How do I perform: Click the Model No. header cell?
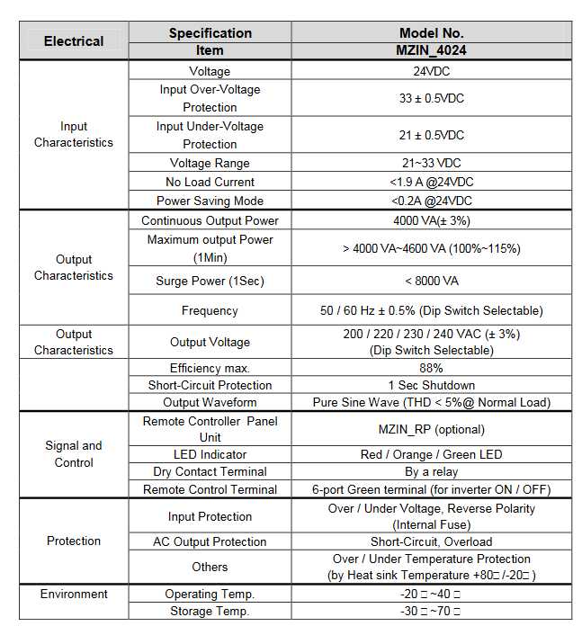click(x=432, y=33)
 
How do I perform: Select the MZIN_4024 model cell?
click(x=432, y=50)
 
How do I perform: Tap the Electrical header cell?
click(x=74, y=41)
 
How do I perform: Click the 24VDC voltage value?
click(x=432, y=71)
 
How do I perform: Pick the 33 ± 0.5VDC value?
click(x=432, y=98)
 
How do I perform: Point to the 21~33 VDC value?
click(x=432, y=163)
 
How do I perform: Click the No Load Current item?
click(x=210, y=182)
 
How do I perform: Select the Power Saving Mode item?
click(x=210, y=201)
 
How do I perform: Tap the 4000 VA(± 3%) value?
click(x=432, y=220)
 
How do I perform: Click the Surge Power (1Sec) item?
click(x=210, y=281)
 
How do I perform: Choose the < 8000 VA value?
click(x=432, y=281)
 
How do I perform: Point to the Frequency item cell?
click(x=210, y=310)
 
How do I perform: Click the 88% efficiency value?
click(x=432, y=368)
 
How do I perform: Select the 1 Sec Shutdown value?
click(x=432, y=385)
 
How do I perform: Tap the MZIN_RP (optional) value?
click(x=432, y=429)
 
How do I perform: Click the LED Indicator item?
click(x=210, y=454)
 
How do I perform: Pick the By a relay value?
click(x=432, y=471)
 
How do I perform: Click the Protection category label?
click(x=74, y=541)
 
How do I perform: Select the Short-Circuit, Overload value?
click(x=432, y=541)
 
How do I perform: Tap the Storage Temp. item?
click(x=210, y=612)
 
